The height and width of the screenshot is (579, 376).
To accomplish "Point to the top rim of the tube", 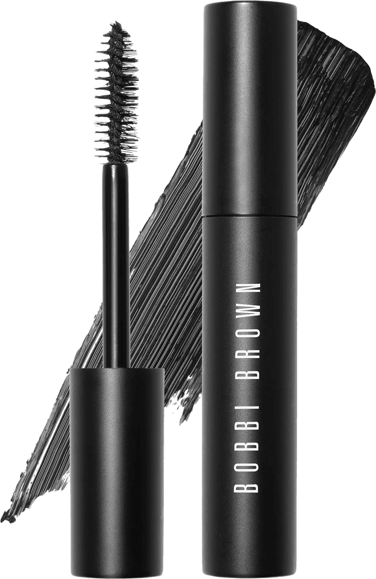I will coord(249,5).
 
